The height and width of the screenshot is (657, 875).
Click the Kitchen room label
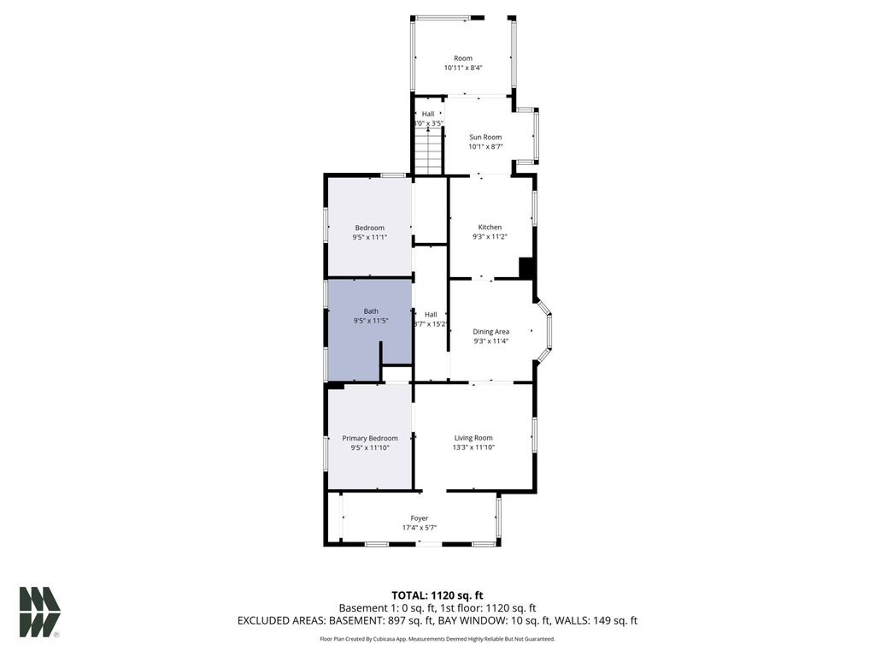pyautogui.click(x=490, y=228)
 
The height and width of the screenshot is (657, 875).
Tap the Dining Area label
pyautogui.click(x=491, y=331)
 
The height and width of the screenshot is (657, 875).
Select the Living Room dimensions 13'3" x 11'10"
pyautogui.click(x=473, y=447)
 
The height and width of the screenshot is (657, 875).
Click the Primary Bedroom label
pyautogui.click(x=370, y=438)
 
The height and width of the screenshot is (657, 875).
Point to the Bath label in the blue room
pyautogui.click(x=371, y=311)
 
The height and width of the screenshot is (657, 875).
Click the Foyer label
pyautogui.click(x=420, y=518)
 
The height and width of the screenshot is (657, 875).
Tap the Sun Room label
pyautogui.click(x=485, y=137)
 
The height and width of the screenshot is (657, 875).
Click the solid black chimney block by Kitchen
pyautogui.click(x=526, y=269)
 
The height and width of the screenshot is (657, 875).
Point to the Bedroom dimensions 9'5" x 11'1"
pyautogui.click(x=370, y=237)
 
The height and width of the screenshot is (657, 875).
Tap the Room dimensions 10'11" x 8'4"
pyautogui.click(x=463, y=68)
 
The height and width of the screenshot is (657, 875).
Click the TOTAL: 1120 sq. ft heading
pyautogui.click(x=437, y=595)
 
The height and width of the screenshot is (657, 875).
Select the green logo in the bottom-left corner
pyautogui.click(x=39, y=611)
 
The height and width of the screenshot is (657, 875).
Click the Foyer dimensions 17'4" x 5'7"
pyautogui.click(x=420, y=528)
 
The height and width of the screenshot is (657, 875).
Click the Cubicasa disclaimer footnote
pyautogui.click(x=437, y=638)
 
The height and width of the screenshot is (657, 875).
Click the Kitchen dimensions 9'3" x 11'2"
pyautogui.click(x=490, y=237)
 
